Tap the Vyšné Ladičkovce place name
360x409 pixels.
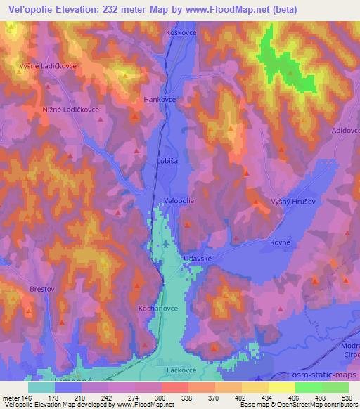(47, 65)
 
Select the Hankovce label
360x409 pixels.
(160, 100)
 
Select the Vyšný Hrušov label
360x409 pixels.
(290, 202)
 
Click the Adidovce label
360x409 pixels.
(345, 131)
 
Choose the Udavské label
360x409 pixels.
(198, 258)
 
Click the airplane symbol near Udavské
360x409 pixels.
(165, 244)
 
